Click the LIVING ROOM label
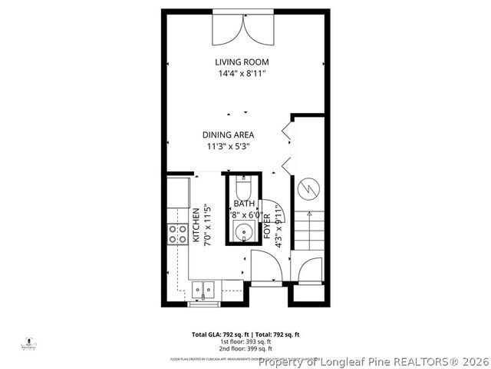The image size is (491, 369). tap(242, 61)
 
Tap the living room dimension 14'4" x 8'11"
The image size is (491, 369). tap(242, 73)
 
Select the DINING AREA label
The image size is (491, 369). tap(228, 135)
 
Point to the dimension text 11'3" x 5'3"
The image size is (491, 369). tap(228, 146)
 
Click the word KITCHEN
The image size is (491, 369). tap(196, 225)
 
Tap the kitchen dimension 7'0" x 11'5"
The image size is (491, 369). tap(206, 225)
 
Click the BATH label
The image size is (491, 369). tap(244, 204)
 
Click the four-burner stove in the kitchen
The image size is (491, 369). tap(178, 234)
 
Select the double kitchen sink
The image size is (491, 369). tap(203, 290)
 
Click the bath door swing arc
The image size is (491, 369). tap(257, 206)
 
